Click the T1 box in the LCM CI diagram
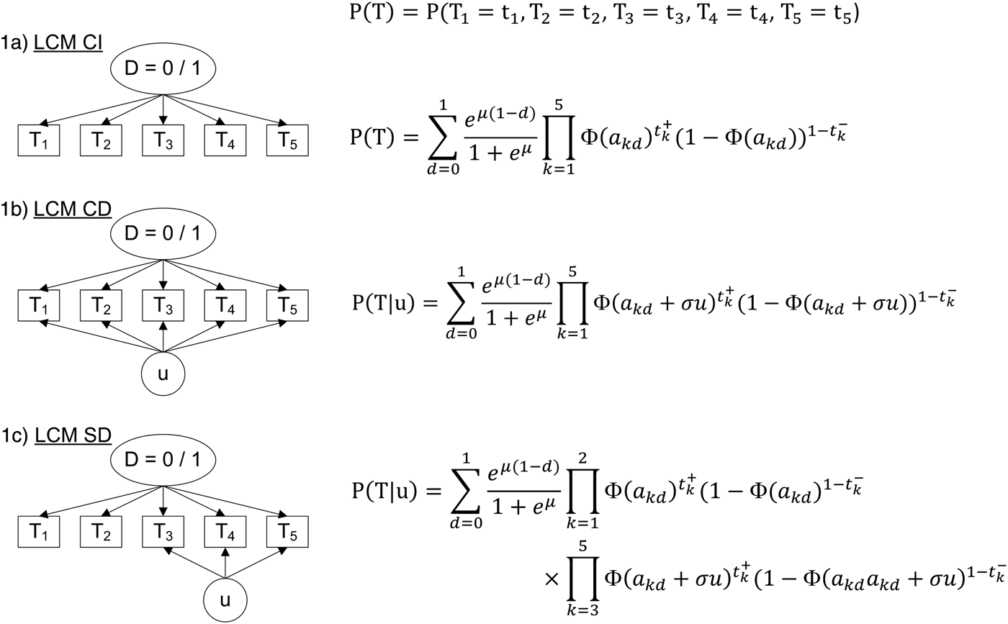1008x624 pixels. (38, 140)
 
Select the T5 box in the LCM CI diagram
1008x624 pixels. (287, 140)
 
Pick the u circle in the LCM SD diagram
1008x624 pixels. (225, 599)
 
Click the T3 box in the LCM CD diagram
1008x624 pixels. (163, 306)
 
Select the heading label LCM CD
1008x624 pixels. (73, 209)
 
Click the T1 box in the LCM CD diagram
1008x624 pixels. (38, 306)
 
